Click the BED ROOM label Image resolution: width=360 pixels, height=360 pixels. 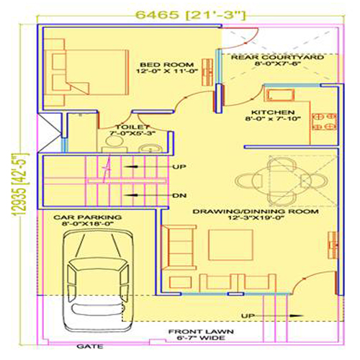click(167, 65)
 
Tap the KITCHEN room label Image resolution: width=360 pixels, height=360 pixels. click(273, 112)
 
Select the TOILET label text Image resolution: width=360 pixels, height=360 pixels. click(132, 127)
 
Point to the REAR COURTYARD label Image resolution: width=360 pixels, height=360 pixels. click(277, 58)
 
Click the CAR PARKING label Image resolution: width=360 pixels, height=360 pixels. click(87, 217)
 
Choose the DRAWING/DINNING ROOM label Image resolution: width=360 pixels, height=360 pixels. click(256, 212)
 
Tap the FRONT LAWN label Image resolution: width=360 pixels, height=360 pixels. click(201, 332)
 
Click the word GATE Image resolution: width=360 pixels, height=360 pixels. click(90, 346)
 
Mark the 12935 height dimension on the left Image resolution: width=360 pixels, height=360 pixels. click(20, 184)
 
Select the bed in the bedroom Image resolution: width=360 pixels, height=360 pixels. click(86, 72)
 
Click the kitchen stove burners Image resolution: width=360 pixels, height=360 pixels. click(324, 122)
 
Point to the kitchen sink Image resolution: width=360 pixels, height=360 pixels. click(279, 95)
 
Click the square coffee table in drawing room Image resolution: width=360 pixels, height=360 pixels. click(230, 245)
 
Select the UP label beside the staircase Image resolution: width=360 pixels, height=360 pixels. click(179, 166)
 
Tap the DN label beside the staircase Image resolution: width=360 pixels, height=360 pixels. click(179, 196)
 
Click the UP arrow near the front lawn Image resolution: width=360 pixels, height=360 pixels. click(272, 316)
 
